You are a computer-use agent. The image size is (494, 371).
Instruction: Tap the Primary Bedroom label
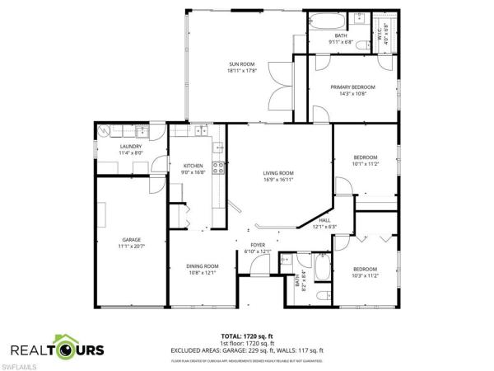click(352, 87)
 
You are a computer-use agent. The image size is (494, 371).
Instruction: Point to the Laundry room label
click(108, 146)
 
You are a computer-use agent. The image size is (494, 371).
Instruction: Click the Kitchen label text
click(193, 166)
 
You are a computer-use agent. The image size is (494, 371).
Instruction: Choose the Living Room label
click(278, 172)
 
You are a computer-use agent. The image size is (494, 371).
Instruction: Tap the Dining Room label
click(201, 265)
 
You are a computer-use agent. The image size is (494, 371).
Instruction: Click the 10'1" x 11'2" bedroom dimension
click(365, 164)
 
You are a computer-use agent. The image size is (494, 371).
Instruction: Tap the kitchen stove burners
click(219, 167)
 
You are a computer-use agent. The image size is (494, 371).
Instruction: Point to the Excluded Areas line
click(247, 350)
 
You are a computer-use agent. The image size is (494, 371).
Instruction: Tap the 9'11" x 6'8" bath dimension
click(329, 41)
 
